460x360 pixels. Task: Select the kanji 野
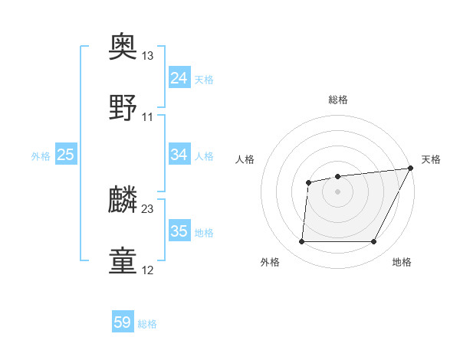(124, 107)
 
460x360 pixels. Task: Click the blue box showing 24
(179, 78)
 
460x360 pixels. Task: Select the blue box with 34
(179, 155)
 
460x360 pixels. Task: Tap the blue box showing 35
(179, 231)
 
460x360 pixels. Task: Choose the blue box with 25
(66, 155)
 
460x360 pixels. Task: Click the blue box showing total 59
(123, 322)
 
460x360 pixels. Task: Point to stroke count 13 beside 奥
(147, 57)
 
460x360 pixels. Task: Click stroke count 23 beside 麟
(147, 208)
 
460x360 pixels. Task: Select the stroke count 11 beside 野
(147, 116)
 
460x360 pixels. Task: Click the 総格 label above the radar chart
(338, 100)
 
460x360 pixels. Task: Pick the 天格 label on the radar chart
(431, 159)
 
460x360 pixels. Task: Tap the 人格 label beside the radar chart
(245, 159)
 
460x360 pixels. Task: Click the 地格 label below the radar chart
(402, 262)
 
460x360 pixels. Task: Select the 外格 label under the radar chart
(270, 262)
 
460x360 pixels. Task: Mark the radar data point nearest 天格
(410, 169)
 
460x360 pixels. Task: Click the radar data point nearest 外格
(301, 242)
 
